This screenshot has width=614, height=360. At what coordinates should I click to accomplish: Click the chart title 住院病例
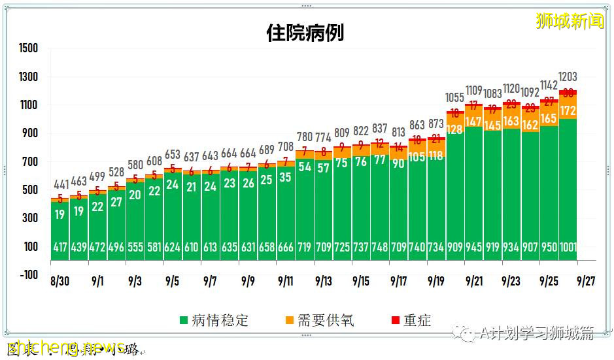[x=305, y=33]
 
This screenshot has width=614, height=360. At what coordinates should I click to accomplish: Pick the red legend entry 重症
[x=411, y=320]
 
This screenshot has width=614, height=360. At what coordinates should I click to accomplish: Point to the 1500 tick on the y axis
[x=29, y=48]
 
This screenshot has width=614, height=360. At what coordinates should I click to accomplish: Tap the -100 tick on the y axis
[x=29, y=274]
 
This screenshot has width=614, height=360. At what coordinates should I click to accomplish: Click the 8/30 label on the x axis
[x=60, y=282]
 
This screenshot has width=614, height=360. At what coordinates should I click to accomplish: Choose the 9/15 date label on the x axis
[x=361, y=282]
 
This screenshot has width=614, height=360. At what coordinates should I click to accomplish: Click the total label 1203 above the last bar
[x=568, y=76]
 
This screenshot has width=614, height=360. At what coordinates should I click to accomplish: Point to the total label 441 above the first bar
[x=60, y=185]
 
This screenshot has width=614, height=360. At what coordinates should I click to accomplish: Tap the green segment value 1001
[x=568, y=247]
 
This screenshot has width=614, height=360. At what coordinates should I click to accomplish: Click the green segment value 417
[x=60, y=247]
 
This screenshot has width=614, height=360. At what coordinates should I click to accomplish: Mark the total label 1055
[x=455, y=97]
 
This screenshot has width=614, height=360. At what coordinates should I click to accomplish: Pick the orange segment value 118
[x=436, y=155]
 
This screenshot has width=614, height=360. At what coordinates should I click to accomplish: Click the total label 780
[x=305, y=137]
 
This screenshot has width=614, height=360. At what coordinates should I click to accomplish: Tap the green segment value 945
[x=474, y=247]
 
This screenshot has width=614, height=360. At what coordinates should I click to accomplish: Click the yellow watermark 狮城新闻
[x=570, y=21]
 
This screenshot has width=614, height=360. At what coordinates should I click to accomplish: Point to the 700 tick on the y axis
[x=29, y=161]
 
